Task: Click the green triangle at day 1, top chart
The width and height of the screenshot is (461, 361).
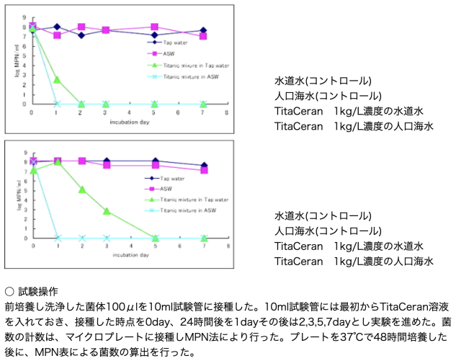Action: [x=57, y=79]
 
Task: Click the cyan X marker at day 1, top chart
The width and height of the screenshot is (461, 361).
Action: [x=57, y=104]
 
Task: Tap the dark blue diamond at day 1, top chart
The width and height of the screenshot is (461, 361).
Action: [x=57, y=27]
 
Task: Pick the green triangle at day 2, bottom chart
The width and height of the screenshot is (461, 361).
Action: [x=82, y=190]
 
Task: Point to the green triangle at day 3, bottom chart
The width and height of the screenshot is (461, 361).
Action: [x=107, y=211]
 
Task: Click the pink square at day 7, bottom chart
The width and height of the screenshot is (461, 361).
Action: [x=204, y=170]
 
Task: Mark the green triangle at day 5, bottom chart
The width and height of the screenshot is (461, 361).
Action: [x=156, y=237]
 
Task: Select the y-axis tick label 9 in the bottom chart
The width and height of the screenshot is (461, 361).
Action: [x=25, y=152]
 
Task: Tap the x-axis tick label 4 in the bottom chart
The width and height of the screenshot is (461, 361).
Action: [x=131, y=246]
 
